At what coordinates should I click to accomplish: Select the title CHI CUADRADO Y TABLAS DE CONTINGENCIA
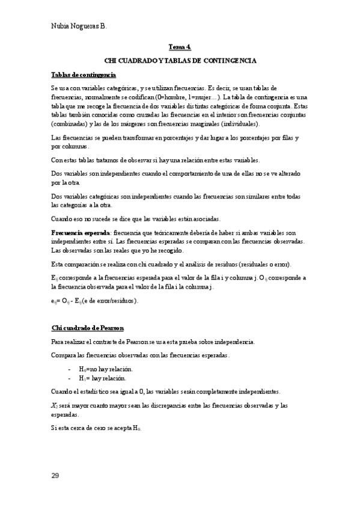[180, 61]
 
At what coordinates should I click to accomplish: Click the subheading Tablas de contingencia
[84, 74]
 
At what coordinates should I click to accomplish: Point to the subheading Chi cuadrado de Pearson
[88, 328]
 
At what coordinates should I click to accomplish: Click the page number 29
[55, 476]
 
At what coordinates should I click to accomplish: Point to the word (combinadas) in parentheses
[71, 124]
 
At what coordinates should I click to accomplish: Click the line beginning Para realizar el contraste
[153, 342]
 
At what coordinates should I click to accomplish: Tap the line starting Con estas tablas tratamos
[155, 160]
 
